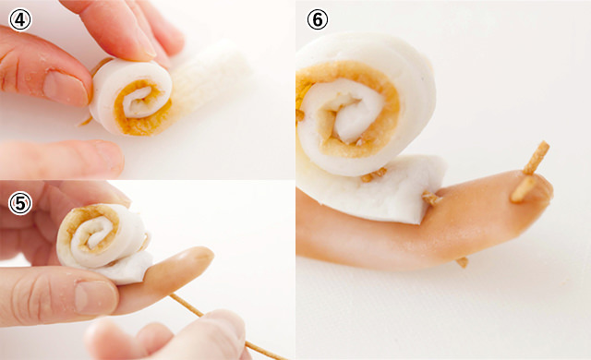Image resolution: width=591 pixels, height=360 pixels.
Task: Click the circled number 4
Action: [x=20, y=20]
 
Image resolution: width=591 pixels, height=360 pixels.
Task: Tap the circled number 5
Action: [x=20, y=204]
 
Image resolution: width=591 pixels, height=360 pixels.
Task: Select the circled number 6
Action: [x=318, y=19]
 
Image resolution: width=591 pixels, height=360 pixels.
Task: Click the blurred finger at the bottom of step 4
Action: [x=60, y=159]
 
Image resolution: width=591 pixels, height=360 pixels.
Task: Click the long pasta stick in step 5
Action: [x=227, y=327]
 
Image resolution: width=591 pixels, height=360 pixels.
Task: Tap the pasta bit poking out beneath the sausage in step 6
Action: [x=462, y=262]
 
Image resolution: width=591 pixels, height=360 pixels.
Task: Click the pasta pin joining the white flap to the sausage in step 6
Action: [x=432, y=198]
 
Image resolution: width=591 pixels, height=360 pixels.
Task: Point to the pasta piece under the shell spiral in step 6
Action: [x=373, y=174]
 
